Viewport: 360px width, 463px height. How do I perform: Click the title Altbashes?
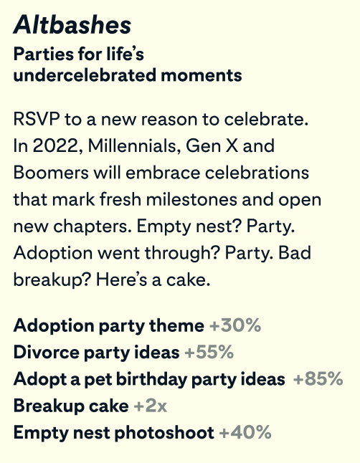[x=72, y=25]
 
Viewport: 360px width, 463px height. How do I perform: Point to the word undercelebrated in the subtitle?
[x=71, y=75]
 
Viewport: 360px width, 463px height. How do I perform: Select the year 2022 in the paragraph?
[x=48, y=146]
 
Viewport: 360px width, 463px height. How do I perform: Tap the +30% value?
[x=235, y=325]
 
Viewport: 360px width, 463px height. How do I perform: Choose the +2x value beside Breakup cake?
[x=150, y=406]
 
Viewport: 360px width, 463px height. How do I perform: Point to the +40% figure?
[x=245, y=432]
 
